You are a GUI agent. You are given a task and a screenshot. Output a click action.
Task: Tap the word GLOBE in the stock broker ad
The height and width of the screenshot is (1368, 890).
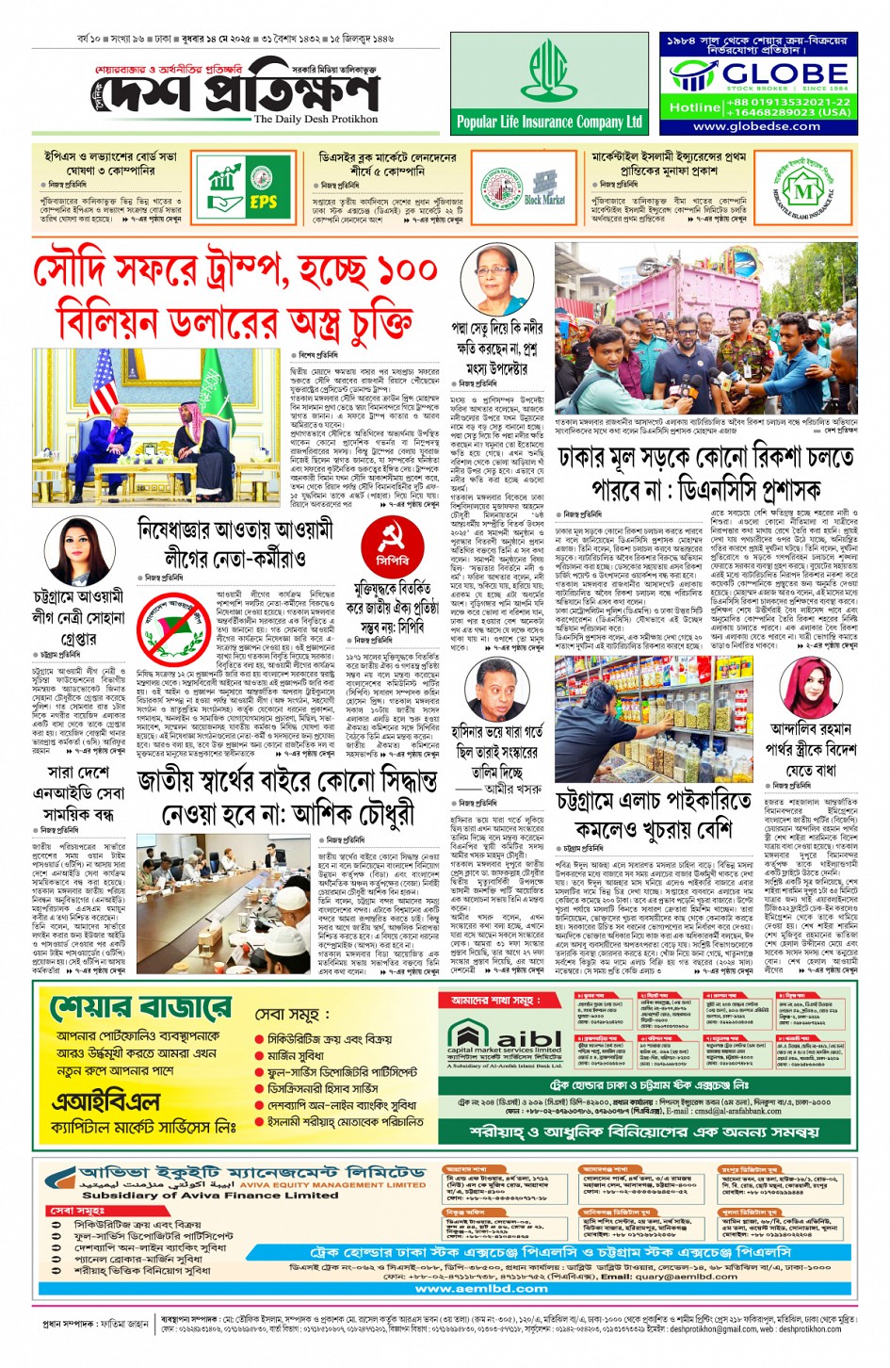(785, 73)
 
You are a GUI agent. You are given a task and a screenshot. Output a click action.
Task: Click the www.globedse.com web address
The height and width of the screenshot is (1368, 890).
(756, 126)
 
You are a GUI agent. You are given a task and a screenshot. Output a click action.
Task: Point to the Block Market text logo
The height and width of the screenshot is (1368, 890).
(544, 200)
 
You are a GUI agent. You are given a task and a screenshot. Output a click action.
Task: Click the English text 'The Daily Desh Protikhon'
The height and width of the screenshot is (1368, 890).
(316, 120)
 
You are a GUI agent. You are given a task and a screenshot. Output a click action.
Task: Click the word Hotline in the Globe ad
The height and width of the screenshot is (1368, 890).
(694, 106)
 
